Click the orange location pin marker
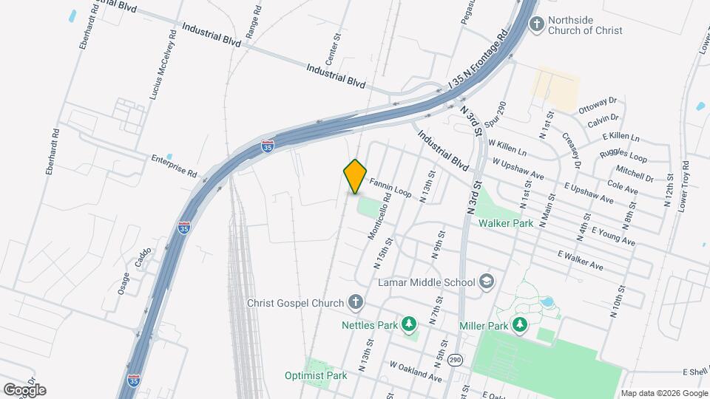pos(356,176)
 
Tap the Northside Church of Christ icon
pos(538,24)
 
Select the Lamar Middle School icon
pos(487,282)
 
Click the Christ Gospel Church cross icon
pos(356,302)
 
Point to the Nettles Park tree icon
pos(408,324)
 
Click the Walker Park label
pos(507,222)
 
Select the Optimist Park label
pos(316,375)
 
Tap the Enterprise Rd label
pos(174,166)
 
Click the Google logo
pos(24,389)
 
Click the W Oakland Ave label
pos(416,372)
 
